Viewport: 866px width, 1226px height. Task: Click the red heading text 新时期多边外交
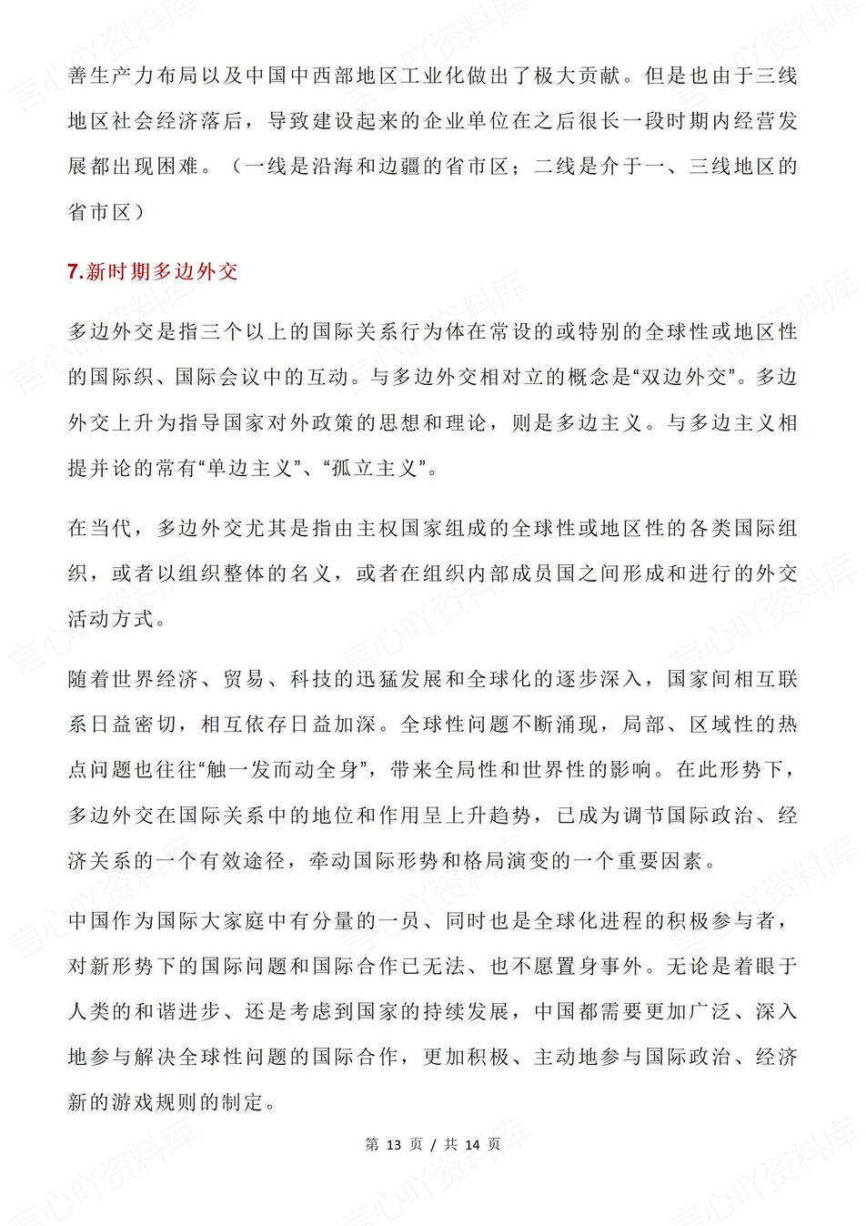[x=162, y=271]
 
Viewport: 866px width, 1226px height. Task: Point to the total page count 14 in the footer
[x=472, y=1144]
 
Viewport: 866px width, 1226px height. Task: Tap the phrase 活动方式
[x=112, y=619]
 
